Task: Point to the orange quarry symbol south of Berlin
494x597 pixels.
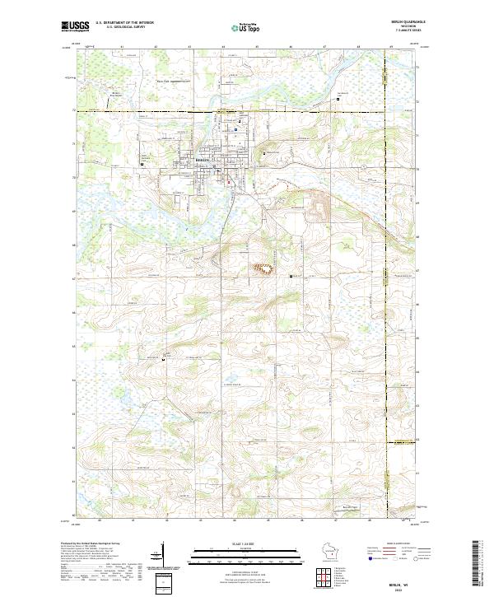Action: pyautogui.click(x=264, y=268)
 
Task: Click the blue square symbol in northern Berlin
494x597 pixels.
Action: pyautogui.click(x=235, y=128)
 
